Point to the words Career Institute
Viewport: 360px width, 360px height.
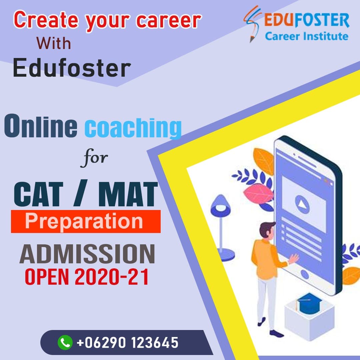click(306, 36)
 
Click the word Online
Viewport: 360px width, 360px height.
click(41, 126)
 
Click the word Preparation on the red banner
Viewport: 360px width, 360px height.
click(84, 221)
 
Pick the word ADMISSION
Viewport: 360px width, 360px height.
click(87, 254)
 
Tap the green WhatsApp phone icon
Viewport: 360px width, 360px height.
click(65, 342)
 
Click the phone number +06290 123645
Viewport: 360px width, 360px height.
click(128, 342)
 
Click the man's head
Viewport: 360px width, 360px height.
click(266, 230)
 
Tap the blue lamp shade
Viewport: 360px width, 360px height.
click(219, 204)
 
